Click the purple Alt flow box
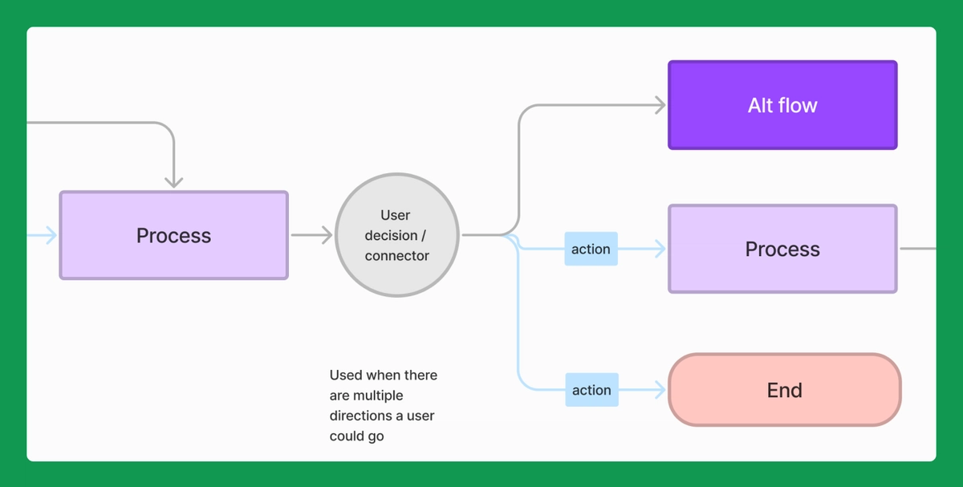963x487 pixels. click(x=782, y=105)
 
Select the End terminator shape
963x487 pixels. click(x=784, y=390)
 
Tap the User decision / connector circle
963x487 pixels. click(x=396, y=235)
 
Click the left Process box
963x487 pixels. click(x=173, y=235)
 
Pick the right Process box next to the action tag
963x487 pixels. click(x=782, y=249)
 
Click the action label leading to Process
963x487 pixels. click(x=591, y=249)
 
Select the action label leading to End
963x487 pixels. click(x=591, y=390)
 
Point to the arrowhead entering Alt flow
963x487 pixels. click(x=660, y=105)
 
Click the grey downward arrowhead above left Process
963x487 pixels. click(x=174, y=182)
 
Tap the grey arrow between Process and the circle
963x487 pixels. click(x=311, y=235)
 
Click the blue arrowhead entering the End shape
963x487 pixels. click(x=660, y=390)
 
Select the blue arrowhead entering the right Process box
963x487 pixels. click(x=660, y=249)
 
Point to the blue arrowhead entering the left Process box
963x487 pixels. click(x=51, y=235)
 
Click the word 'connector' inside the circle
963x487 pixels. click(x=396, y=256)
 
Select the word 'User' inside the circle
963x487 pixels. click(x=395, y=215)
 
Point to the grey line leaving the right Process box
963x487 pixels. click(x=917, y=249)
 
